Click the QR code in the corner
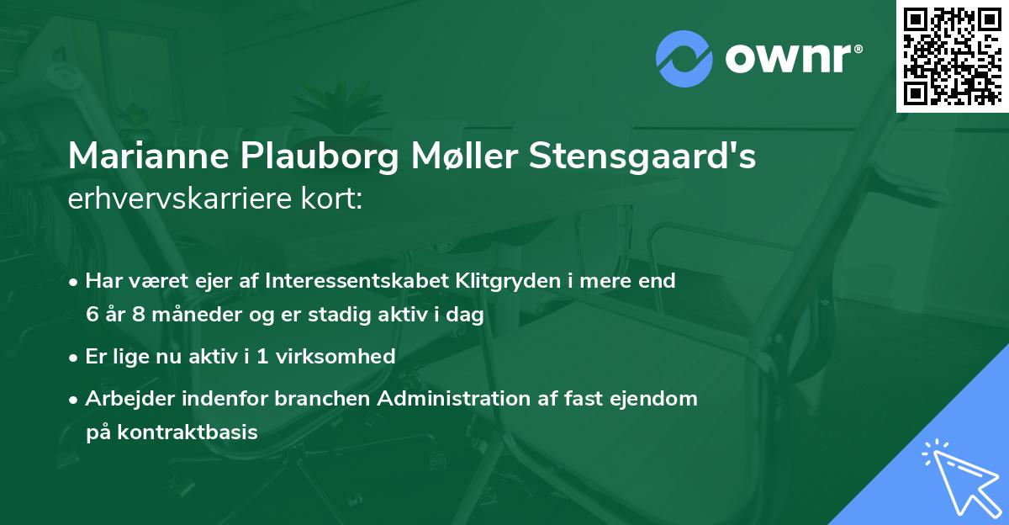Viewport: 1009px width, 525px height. click(952, 56)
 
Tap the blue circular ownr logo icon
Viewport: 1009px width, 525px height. click(683, 59)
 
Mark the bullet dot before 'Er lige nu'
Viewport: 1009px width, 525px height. click(75, 357)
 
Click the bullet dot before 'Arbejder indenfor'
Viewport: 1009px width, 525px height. click(75, 399)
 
